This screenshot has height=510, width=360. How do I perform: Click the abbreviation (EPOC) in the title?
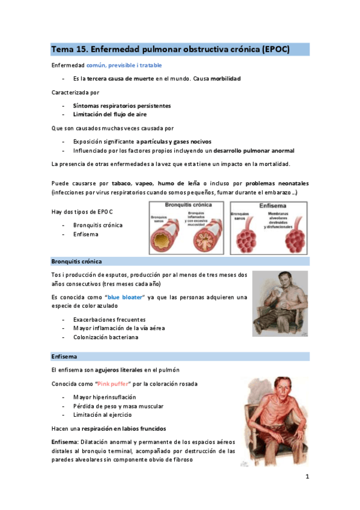click(276, 49)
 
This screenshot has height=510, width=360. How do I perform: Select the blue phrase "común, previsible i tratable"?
click(124, 65)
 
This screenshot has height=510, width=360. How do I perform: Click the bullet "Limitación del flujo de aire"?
click(110, 114)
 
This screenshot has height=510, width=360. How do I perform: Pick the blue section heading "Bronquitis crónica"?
click(76, 262)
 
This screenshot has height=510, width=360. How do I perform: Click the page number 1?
click(307, 478)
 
